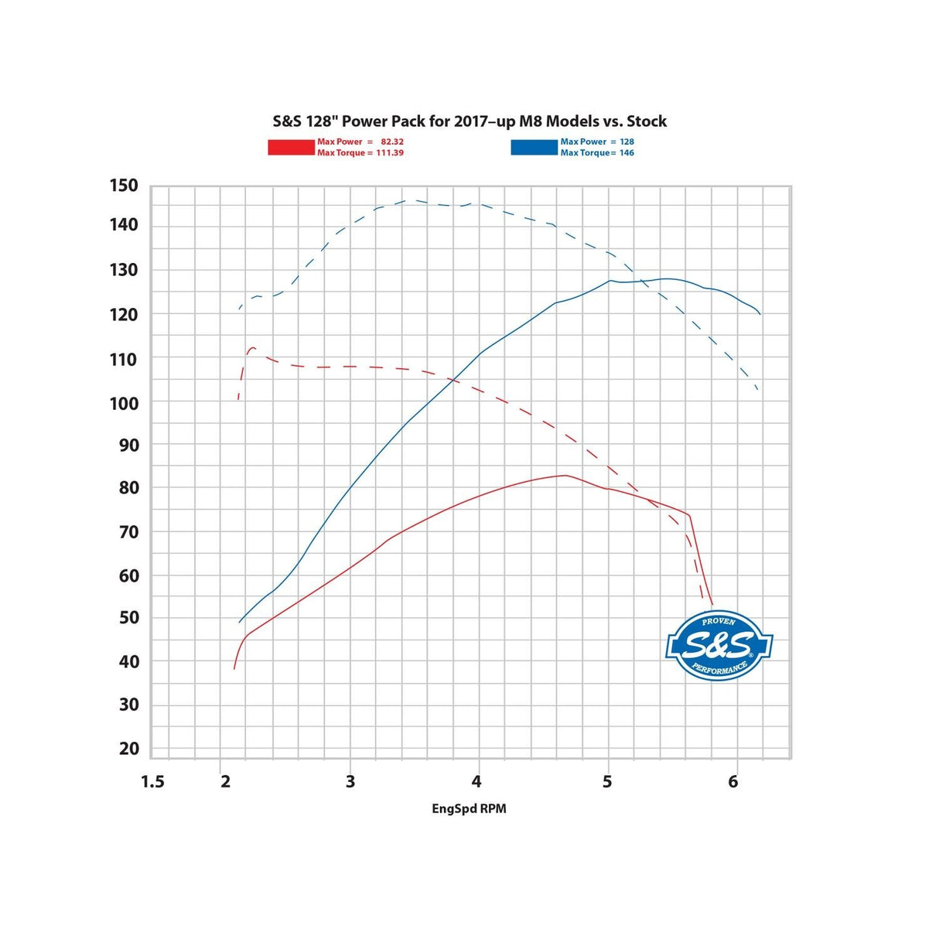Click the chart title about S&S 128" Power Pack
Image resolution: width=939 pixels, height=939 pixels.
(469, 121)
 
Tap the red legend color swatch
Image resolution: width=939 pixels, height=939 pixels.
(291, 147)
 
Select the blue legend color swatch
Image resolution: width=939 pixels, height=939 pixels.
(534, 147)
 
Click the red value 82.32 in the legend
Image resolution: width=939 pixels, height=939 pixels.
(391, 142)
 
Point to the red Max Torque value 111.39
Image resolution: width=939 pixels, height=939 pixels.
(390, 152)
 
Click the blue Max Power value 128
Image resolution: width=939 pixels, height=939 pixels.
(627, 142)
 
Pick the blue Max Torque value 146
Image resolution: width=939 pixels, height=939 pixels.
(627, 152)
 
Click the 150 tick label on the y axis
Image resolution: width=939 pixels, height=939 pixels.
(124, 186)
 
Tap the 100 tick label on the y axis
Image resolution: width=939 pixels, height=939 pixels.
(124, 403)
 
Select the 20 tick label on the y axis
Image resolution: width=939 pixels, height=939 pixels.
(129, 748)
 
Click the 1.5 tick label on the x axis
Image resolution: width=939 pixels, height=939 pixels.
(152, 782)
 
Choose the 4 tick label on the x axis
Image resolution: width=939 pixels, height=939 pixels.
(476, 782)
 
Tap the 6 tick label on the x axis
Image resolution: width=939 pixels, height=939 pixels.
(732, 782)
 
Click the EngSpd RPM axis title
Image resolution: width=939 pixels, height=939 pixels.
(469, 808)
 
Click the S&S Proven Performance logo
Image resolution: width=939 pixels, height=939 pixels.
(719, 646)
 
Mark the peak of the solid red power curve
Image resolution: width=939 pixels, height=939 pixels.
(565, 475)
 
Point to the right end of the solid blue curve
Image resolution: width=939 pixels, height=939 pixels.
(760, 314)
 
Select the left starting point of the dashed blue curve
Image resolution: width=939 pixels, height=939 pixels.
(240, 309)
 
